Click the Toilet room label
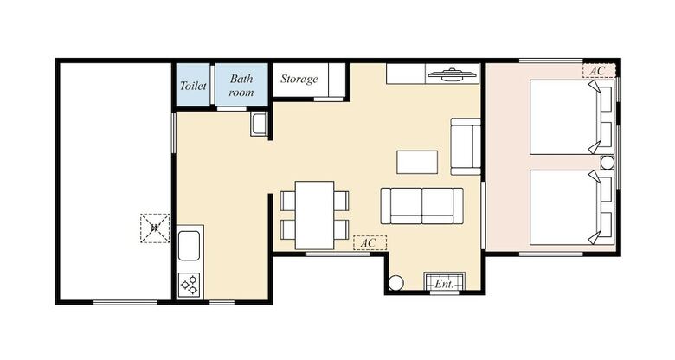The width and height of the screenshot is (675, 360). point(194,86)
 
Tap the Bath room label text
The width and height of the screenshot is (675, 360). point(241,85)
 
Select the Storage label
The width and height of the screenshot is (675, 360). point(299,80)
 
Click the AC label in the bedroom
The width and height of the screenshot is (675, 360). point(598,70)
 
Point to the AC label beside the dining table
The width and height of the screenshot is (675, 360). point(369,243)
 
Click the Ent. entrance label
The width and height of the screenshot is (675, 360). point(445,283)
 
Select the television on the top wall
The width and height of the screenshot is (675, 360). point(453,75)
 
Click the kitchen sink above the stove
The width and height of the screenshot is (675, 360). point(190,247)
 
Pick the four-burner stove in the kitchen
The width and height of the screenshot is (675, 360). point(190,284)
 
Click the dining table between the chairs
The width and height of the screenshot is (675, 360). point(314,215)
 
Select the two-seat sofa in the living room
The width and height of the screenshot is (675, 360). point(421,205)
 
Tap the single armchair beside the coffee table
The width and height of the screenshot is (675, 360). point(466,145)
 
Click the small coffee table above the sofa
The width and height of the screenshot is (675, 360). point(417,162)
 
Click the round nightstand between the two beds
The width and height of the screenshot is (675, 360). point(607,163)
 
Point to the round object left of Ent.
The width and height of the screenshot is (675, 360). point(395,282)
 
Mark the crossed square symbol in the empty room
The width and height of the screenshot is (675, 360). point(155,228)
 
